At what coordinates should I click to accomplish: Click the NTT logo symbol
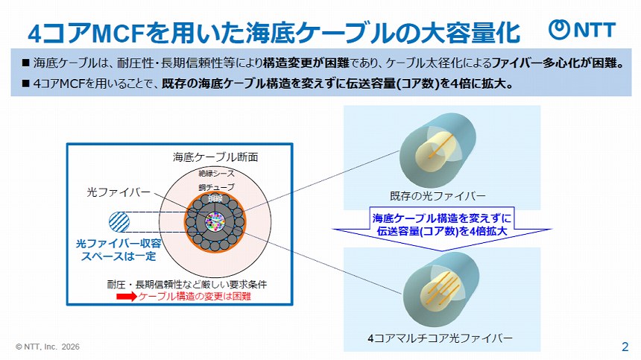click(560, 29)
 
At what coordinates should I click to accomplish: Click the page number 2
click(625, 347)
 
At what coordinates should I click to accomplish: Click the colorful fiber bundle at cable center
click(215, 222)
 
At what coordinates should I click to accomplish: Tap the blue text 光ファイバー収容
click(120, 243)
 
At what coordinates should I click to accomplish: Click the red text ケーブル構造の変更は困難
click(195, 297)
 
